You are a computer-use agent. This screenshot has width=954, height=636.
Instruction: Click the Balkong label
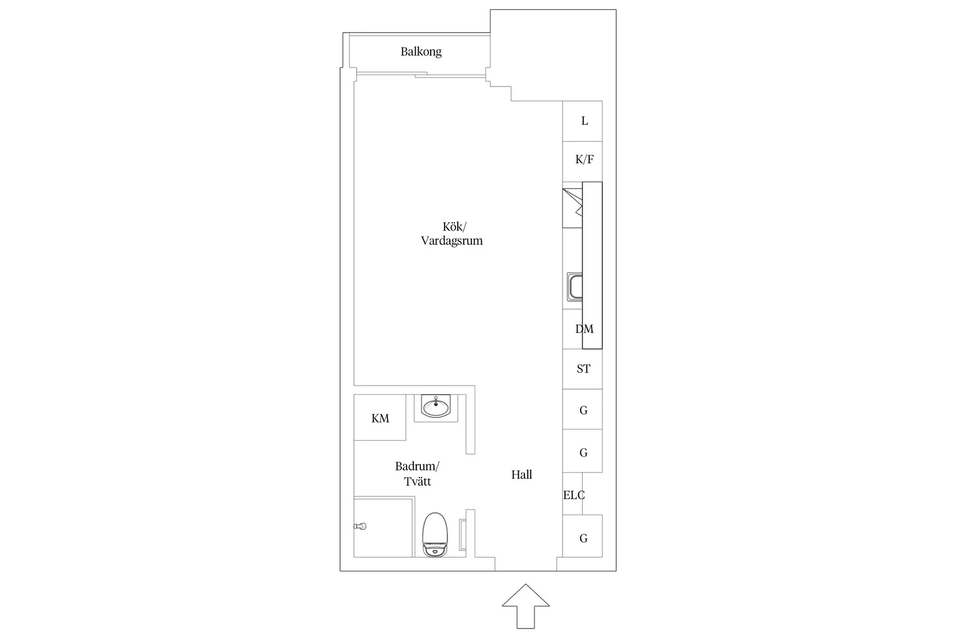pos(421,52)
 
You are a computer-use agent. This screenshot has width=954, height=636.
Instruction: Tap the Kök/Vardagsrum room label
pos(452,234)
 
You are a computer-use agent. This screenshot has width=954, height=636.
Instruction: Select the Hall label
pos(522,475)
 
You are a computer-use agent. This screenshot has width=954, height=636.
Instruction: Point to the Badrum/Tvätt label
pos(417,474)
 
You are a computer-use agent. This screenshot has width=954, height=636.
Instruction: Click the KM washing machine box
pos(380,417)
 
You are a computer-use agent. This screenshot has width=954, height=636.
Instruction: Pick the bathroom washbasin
pos(436,406)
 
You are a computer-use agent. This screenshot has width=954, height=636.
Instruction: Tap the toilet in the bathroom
pos(435,535)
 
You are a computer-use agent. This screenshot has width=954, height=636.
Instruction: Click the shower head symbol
pos(360,527)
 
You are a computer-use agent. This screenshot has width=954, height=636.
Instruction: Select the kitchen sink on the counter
pos(575,287)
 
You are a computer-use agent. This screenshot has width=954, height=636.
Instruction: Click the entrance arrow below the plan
pos(526,606)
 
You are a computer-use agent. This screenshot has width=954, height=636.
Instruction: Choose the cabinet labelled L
pos(582,121)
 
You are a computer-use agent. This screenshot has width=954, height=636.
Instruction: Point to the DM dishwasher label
pos(585,329)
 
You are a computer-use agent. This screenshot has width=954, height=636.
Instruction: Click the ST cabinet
pos(582,369)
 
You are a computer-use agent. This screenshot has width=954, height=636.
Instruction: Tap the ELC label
pos(574,495)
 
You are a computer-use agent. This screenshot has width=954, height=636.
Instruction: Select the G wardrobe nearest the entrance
pos(582,536)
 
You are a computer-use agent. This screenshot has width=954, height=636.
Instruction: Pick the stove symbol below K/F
pos(572,208)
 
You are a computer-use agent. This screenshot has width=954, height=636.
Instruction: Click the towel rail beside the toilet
pos(463,535)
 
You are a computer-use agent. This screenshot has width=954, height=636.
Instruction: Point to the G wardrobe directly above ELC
pos(582,451)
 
